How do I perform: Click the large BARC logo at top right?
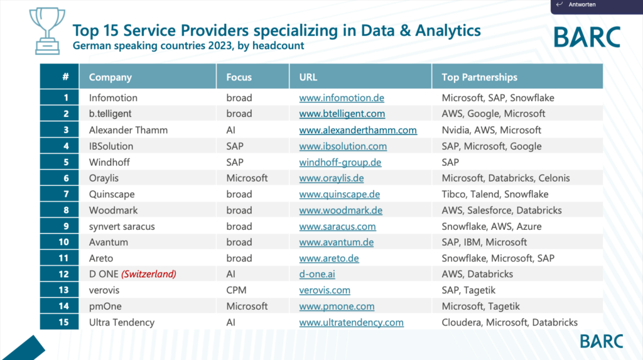[x=586, y=37]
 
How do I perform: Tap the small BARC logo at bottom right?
[x=601, y=341]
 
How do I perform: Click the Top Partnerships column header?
[x=479, y=77]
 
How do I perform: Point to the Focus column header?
[x=239, y=77]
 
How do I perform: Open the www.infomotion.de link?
[x=341, y=98]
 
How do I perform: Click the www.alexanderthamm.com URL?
[x=357, y=130]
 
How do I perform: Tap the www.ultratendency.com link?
[x=351, y=323]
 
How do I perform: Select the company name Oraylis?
[x=105, y=178]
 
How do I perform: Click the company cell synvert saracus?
[x=122, y=226]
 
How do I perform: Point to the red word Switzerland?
[x=149, y=275]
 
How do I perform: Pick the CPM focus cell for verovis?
[x=236, y=290]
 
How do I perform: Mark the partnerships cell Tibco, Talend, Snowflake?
[x=495, y=194]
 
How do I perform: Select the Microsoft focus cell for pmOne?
[x=247, y=307]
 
